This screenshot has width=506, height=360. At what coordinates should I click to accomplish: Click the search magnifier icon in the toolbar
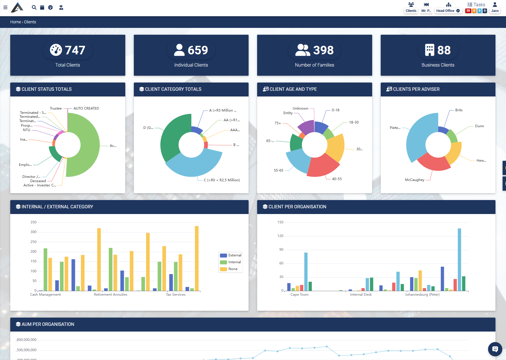tap(34, 7)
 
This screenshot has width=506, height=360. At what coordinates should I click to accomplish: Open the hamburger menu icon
tap(5, 7)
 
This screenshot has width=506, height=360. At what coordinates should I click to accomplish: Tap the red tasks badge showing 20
tap(468, 11)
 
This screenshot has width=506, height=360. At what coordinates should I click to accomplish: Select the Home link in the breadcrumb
tap(15, 22)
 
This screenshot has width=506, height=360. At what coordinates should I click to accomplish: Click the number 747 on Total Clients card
tap(75, 50)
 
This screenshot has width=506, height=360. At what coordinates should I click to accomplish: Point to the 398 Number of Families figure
tap(323, 50)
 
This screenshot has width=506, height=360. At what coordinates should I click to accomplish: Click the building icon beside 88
tap(429, 50)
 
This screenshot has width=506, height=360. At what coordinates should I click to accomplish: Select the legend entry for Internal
tap(234, 262)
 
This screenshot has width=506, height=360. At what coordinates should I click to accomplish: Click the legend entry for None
tap(233, 269)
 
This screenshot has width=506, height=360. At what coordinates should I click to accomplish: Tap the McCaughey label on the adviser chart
tap(415, 180)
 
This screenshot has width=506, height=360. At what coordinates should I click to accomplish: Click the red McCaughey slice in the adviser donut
tap(433, 163)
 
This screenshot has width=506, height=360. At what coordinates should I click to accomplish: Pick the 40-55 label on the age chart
tap(337, 179)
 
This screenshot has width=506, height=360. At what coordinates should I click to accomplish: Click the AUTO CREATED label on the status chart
tap(86, 108)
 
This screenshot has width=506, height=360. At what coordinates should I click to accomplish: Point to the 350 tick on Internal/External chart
tap(34, 222)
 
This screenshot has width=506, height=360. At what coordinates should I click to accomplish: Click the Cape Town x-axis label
tap(299, 295)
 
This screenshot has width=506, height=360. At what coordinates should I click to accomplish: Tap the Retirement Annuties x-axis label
tap(110, 295)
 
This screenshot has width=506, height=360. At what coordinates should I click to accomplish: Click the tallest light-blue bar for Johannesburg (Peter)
tap(459, 259)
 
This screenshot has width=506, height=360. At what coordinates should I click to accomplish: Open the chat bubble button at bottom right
tap(495, 349)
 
